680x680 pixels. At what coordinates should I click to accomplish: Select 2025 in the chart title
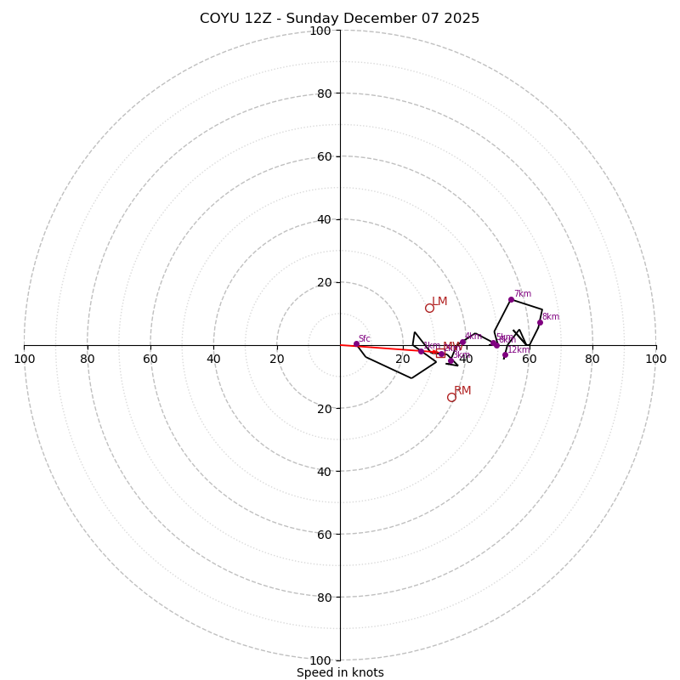460,19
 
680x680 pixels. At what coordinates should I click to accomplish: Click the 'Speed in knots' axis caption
340,672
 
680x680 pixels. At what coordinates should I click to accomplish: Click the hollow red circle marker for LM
429,308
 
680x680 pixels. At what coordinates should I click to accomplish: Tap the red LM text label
439,302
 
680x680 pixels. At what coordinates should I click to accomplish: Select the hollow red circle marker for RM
451,397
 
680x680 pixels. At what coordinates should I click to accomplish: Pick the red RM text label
462,391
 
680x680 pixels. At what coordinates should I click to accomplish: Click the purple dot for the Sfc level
356,343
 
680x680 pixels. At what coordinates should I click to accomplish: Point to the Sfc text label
365,338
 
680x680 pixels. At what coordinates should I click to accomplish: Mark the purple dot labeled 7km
511,299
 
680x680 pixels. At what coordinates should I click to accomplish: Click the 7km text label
522,294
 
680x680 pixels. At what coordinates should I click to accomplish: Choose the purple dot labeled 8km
540,322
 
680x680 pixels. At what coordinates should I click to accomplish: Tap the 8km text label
551,317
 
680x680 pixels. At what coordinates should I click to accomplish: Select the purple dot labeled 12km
505,354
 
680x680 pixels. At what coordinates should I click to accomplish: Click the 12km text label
518,349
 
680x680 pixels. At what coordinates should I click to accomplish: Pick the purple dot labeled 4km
463,342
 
